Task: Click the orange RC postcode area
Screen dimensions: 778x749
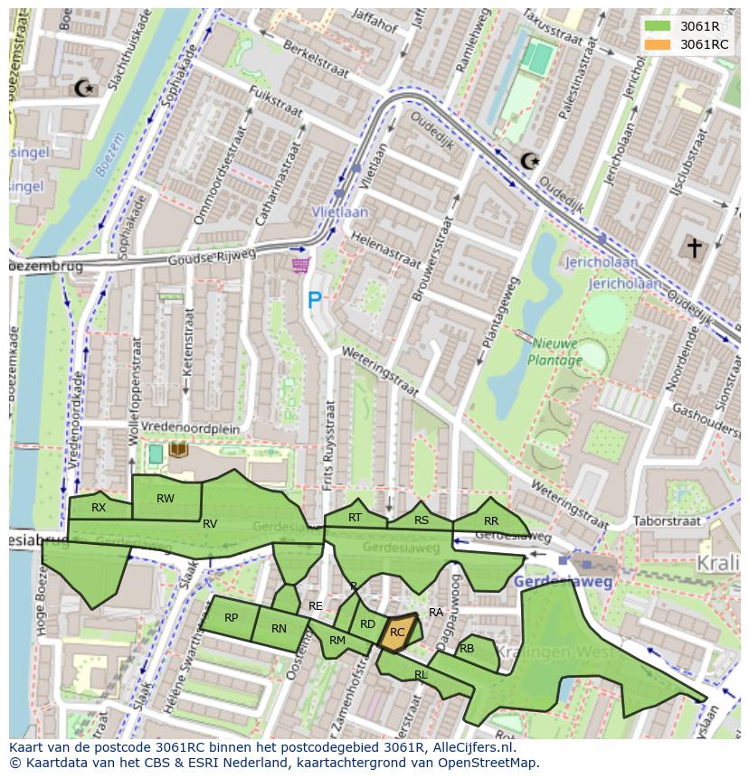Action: click(x=397, y=633)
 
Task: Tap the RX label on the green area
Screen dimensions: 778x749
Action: click(x=99, y=508)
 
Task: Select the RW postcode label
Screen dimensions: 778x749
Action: click(x=166, y=499)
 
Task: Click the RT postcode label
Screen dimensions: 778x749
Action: click(x=356, y=518)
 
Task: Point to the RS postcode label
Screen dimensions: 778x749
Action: click(x=422, y=520)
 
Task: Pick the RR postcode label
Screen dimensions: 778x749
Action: click(x=491, y=520)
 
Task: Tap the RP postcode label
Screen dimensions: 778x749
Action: click(x=231, y=618)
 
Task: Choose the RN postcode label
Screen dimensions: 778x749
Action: click(x=279, y=629)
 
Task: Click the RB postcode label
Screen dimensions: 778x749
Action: click(x=467, y=649)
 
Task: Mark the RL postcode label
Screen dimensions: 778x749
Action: click(x=421, y=675)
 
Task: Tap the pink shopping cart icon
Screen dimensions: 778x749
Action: click(x=300, y=265)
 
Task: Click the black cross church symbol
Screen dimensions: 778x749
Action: click(x=694, y=248)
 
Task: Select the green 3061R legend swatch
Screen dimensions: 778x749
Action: click(x=658, y=26)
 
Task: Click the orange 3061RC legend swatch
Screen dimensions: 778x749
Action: click(x=658, y=44)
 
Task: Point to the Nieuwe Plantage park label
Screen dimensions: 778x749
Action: click(x=556, y=352)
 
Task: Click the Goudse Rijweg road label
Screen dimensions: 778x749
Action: click(x=212, y=259)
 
